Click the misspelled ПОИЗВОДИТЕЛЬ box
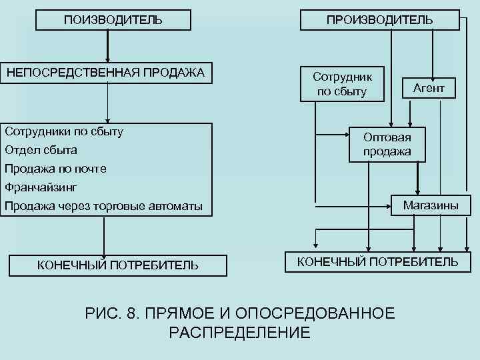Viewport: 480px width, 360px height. (x=113, y=20)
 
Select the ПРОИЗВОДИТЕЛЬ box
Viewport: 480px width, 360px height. (x=379, y=20)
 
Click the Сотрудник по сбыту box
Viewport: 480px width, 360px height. (x=342, y=83)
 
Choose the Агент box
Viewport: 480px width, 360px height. (x=429, y=87)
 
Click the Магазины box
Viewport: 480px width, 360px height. (x=430, y=205)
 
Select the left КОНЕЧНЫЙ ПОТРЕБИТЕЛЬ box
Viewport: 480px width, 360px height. (x=117, y=265)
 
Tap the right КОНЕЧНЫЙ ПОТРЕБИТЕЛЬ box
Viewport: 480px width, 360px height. (x=377, y=261)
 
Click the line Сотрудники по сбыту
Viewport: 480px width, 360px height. (x=64, y=131)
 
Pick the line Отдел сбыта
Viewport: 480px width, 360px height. (x=41, y=150)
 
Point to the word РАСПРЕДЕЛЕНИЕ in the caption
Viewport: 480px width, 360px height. (x=240, y=333)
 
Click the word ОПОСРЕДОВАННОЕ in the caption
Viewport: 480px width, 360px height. (x=313, y=314)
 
